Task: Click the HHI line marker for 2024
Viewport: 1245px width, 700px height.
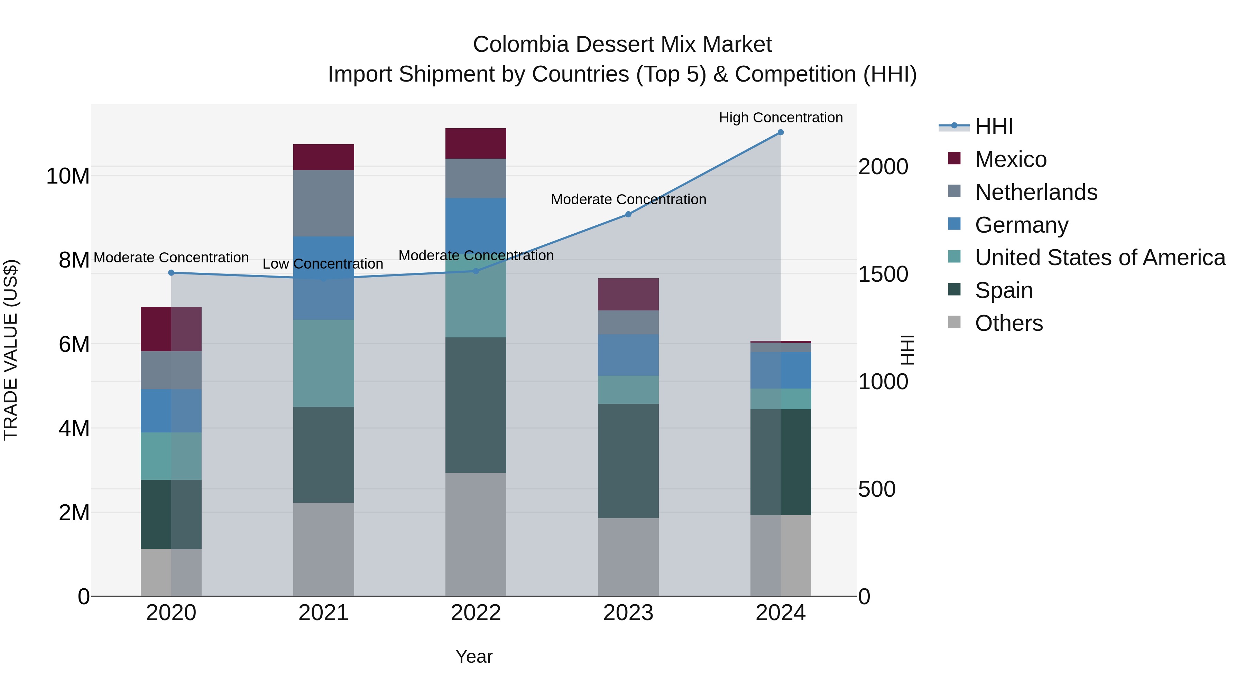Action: [781, 132]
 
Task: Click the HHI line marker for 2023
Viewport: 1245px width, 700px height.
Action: [628, 214]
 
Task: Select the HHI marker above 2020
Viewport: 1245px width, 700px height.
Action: [171, 273]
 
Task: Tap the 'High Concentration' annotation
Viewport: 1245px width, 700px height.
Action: [781, 118]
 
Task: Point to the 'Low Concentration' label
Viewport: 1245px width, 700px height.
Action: [323, 264]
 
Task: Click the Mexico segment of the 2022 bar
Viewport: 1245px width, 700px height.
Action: [476, 143]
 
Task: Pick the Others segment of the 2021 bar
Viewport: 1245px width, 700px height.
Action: [323, 549]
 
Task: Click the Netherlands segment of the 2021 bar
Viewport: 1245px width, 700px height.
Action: [323, 203]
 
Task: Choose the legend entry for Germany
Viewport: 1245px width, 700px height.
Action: [1021, 225]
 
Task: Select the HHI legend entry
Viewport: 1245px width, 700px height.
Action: [994, 127]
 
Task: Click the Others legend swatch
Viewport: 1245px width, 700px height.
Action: [954, 322]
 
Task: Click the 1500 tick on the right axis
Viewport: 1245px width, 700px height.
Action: [883, 274]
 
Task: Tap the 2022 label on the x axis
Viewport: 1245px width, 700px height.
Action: [476, 613]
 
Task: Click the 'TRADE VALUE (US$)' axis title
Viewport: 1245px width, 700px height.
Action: [11, 350]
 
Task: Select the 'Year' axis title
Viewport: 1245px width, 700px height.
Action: [474, 656]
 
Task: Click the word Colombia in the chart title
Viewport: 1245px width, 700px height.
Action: [521, 45]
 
